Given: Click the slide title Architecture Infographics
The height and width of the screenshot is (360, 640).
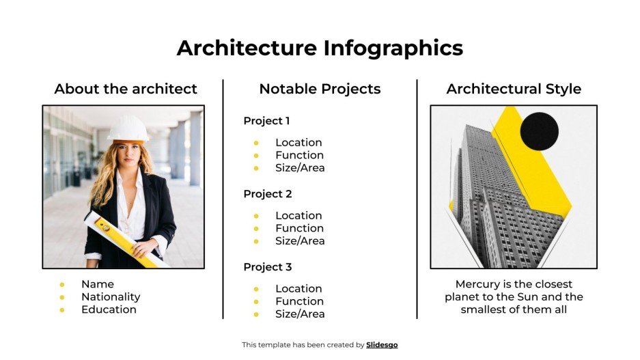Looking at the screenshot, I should pos(320,48).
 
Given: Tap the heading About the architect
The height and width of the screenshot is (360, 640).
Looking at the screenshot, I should pos(126,89).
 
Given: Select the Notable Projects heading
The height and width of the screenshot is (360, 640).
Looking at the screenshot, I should pos(320,89).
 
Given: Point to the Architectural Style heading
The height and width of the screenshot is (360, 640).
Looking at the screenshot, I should pos(514,89).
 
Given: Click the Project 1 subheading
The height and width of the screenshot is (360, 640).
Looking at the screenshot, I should pos(266,121).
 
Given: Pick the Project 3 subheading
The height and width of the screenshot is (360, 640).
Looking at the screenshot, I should pos(267,267).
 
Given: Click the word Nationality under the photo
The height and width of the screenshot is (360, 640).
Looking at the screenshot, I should pos(111,297).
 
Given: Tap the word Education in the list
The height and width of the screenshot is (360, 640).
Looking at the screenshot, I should pos(109,309).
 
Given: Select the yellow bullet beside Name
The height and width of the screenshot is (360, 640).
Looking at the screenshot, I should pos(62,285).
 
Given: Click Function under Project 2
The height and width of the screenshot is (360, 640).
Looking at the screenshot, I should pos(299,228).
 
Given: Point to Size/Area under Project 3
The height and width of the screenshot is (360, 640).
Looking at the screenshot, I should pos(300,314).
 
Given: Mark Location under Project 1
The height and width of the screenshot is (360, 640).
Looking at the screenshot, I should pos(298,143).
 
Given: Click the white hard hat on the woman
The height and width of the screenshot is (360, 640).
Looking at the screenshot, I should pos(128,128).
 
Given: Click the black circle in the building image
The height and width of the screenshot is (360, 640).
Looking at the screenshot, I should pos(539,131).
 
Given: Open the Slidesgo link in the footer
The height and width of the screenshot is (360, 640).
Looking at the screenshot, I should pos(382,345).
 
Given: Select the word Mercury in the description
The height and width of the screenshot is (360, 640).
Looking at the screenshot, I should pos(480,284).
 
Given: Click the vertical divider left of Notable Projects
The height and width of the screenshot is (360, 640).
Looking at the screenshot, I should pos(223,198).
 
